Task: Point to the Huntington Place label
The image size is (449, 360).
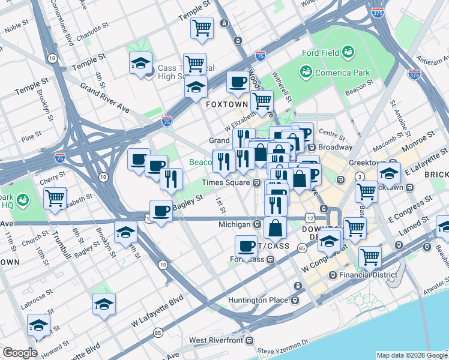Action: coord(259,301)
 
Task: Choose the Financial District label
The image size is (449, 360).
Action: coord(367,275)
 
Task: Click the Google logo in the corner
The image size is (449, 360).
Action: coord(20,353)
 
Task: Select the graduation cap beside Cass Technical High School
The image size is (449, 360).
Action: coord(140,62)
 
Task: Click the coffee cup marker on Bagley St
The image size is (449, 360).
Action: coord(160,211)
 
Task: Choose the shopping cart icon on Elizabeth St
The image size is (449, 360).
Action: coord(55,197)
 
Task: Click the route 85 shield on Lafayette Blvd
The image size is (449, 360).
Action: coord(158,332)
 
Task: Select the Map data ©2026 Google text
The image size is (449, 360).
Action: coord(411,355)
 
